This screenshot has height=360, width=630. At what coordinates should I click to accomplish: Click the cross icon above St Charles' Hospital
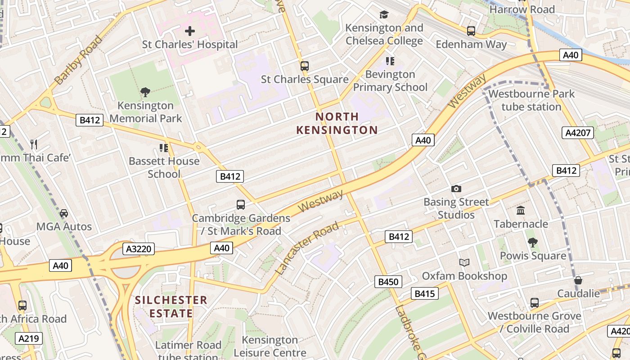pos(190,31)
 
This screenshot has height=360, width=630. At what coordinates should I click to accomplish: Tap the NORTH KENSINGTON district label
pos(337,123)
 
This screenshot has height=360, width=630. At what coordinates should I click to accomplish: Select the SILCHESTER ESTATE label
pos(171,306)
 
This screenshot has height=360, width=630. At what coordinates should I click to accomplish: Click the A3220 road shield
pos(139,249)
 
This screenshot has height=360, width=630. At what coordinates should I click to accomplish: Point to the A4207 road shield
pos(578,133)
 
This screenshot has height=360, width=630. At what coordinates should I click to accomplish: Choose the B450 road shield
pos(388,282)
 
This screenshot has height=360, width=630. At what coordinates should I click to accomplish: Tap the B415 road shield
pos(424,294)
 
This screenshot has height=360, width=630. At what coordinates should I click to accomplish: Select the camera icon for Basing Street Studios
pos(456,189)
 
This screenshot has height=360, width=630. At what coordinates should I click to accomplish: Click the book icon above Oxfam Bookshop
pos(464,262)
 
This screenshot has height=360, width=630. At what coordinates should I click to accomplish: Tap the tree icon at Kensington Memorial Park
pos(145,92)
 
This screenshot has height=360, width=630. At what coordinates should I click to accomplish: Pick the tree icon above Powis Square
pos(533,243)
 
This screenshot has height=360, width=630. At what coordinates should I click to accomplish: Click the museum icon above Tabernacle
pos(521,210)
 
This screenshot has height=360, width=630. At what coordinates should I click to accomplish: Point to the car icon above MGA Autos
pos(64,213)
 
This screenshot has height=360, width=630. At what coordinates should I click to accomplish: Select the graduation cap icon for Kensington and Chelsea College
pos(384,14)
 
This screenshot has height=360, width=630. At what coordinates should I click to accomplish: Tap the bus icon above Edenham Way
pos(471,31)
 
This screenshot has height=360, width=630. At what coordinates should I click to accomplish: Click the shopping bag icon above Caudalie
pos(578,280)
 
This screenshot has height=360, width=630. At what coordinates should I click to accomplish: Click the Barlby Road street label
pos(78,60)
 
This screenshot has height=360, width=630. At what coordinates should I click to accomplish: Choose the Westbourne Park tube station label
pos(531,100)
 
